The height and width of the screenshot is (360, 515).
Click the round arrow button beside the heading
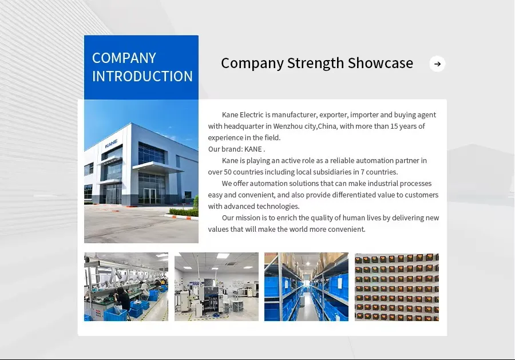point(437,64)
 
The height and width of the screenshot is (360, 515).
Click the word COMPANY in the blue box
point(124,58)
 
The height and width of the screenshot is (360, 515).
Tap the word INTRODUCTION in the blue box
point(142,76)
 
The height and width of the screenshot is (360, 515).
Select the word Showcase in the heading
point(381,63)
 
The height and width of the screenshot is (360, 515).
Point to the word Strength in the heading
point(316,63)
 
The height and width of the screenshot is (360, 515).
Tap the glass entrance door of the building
point(150,196)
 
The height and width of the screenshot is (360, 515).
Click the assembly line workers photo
point(126,287)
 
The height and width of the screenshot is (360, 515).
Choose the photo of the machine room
point(216,287)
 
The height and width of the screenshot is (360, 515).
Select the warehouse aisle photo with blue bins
point(306,287)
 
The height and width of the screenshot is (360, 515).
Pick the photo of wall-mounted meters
point(397,287)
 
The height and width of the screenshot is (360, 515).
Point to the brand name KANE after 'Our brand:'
point(253,149)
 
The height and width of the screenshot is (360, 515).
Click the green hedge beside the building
point(184,212)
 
